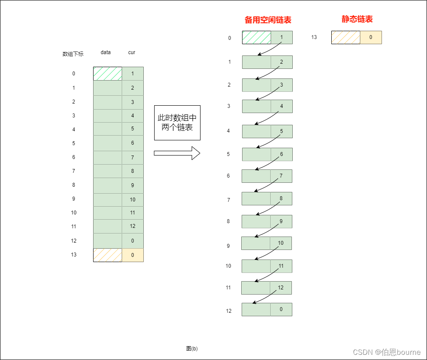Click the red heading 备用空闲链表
[x=268, y=20]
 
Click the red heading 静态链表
[x=357, y=19]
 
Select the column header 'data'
[x=106, y=52]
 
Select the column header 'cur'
[x=132, y=52]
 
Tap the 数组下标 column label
[x=73, y=54]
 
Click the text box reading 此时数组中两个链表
[x=177, y=123]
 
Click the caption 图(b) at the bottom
[x=192, y=348]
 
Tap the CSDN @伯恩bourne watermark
[x=387, y=352]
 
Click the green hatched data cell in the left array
[x=107, y=74]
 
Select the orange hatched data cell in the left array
[x=107, y=255]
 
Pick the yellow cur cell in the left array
[x=133, y=255]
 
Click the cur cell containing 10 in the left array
[x=133, y=200]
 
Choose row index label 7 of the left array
[x=74, y=171]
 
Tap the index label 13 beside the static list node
[x=314, y=37]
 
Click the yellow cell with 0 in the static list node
[x=371, y=37]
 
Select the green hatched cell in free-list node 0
[x=256, y=37]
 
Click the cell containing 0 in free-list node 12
[x=281, y=309]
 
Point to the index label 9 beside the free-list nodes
[x=228, y=246]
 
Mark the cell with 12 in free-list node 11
[x=281, y=288]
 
